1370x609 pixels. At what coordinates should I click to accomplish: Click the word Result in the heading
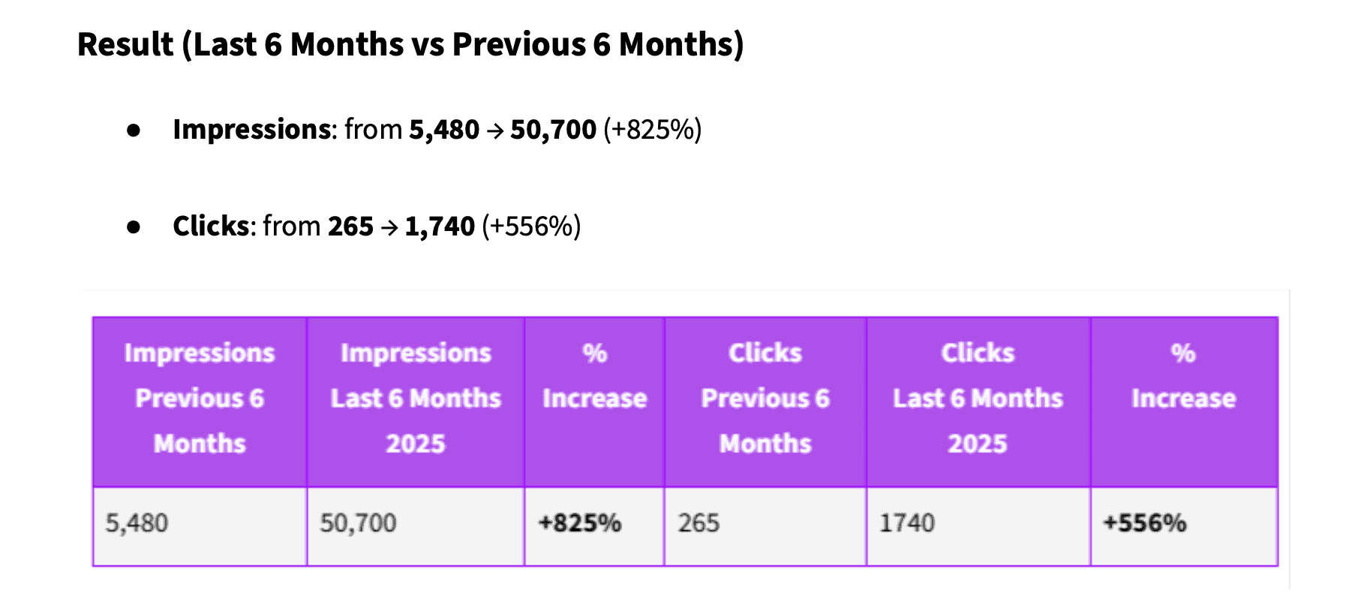(125, 44)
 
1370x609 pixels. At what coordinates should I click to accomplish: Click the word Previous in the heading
(518, 44)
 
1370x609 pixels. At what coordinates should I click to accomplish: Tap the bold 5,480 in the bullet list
(443, 130)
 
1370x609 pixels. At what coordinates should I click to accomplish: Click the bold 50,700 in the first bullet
(553, 130)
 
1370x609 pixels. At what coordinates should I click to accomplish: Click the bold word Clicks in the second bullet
(211, 226)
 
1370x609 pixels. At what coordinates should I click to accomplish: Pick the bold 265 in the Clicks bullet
(350, 226)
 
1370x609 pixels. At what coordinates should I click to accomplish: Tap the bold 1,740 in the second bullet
(440, 226)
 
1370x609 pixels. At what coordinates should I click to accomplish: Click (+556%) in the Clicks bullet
(531, 226)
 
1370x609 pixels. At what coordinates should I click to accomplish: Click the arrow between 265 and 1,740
(389, 227)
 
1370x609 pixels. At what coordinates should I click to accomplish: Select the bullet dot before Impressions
(134, 130)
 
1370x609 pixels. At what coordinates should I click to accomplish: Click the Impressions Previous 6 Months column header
(200, 398)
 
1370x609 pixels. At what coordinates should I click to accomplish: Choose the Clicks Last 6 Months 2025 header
(978, 398)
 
